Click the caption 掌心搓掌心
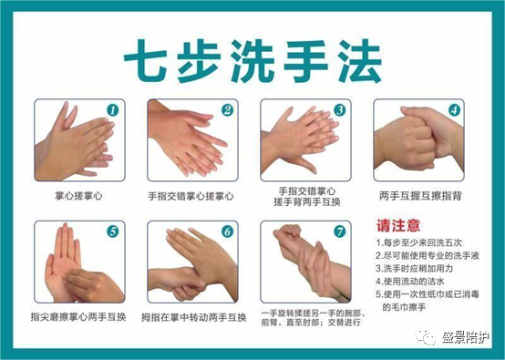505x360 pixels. click(x=77, y=195)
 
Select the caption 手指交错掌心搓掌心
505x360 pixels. click(x=191, y=195)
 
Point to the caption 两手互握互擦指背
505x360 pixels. click(x=417, y=195)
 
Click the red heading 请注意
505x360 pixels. click(x=398, y=225)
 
